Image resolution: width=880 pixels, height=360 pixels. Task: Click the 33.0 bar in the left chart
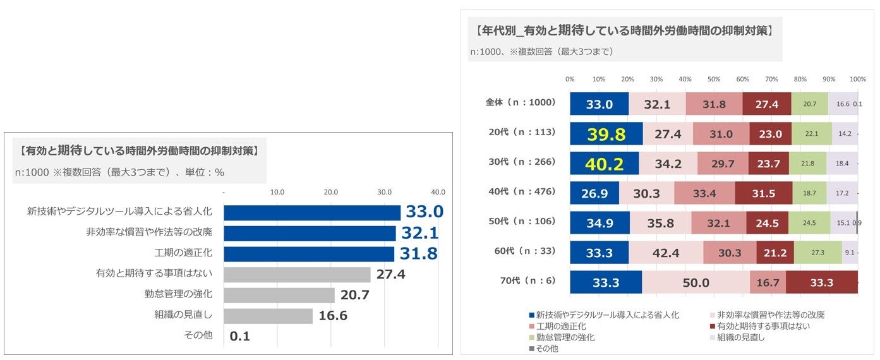(312, 212)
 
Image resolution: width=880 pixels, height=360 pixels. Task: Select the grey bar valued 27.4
(297, 275)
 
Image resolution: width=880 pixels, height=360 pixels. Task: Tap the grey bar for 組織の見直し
(268, 316)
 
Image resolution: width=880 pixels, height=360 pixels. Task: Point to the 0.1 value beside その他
(240, 336)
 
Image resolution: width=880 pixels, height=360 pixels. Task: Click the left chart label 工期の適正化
(183, 253)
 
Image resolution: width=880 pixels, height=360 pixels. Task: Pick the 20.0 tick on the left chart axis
(331, 192)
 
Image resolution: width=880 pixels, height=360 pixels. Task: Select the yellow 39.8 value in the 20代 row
(606, 134)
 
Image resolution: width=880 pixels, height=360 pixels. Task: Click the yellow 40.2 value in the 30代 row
(604, 164)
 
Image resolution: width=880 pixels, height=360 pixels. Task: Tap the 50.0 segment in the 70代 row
(696, 282)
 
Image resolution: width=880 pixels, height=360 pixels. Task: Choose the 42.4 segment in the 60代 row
(666, 253)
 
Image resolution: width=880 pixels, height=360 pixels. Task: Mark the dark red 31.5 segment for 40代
(764, 193)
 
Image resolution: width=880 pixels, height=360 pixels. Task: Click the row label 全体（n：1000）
(520, 103)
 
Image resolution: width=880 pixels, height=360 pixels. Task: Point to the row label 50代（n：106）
(522, 222)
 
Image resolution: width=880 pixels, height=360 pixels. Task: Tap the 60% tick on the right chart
(742, 80)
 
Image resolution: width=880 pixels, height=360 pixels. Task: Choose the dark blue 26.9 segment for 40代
(594, 193)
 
